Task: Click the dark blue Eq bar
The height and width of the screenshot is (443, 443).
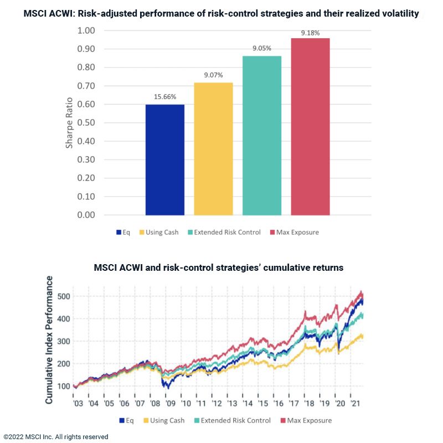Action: [164, 159]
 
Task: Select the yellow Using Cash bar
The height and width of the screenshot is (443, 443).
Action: [213, 148]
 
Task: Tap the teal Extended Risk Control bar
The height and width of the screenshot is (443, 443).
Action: [262, 135]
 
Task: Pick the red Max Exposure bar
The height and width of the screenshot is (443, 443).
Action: [310, 126]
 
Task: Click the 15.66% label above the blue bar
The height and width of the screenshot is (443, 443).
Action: [165, 96]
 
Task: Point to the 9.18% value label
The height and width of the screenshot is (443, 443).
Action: [310, 34]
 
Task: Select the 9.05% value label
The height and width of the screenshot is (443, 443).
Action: [262, 48]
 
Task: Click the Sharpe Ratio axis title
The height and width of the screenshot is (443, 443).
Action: [69, 123]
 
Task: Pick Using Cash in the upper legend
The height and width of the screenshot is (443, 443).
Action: [160, 232]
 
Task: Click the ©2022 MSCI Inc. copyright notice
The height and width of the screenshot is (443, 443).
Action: [55, 437]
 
